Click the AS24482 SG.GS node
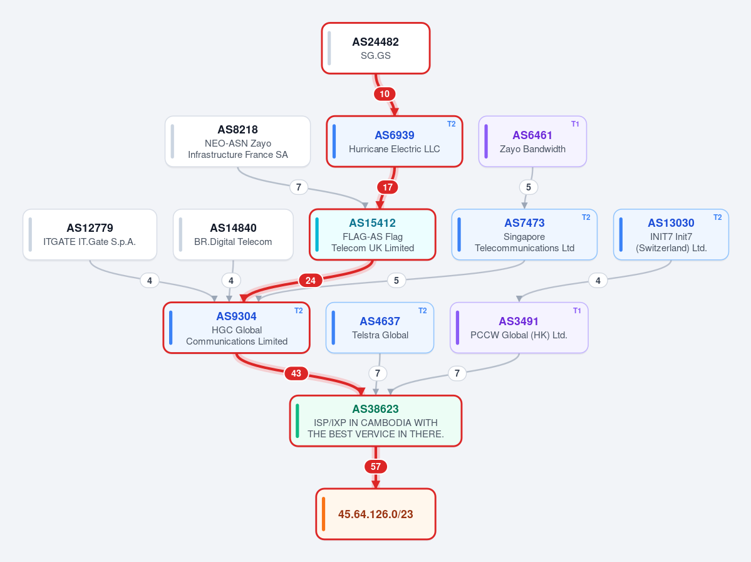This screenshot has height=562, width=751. pyautogui.click(x=376, y=48)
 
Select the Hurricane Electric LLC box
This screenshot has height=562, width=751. pyautogui.click(x=395, y=142)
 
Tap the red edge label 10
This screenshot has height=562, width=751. pyautogui.click(x=385, y=94)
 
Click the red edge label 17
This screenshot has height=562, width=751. pyautogui.click(x=388, y=187)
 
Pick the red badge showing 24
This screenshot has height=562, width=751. pyautogui.click(x=311, y=280)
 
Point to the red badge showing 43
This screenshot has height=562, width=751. pyautogui.click(x=296, y=373)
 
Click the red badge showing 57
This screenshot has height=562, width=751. pyautogui.click(x=376, y=466)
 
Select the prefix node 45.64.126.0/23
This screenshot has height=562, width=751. pyautogui.click(x=376, y=514)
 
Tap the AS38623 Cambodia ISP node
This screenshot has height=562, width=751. pyautogui.click(x=376, y=421)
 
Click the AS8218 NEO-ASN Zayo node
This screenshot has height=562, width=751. pyautogui.click(x=237, y=142)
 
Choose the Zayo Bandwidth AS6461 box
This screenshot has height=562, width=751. pyautogui.click(x=532, y=142)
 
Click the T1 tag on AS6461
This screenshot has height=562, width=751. pyautogui.click(x=575, y=124)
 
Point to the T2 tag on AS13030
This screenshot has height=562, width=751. pyautogui.click(x=717, y=217)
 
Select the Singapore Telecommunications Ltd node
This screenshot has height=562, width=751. pyautogui.click(x=524, y=235)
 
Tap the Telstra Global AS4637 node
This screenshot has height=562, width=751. pyautogui.click(x=380, y=328)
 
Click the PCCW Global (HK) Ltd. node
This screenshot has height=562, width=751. pyautogui.click(x=519, y=328)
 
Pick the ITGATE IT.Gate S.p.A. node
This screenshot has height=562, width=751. pyautogui.click(x=90, y=235)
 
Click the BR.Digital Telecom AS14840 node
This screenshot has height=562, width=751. pyautogui.click(x=233, y=235)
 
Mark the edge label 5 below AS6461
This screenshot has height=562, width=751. pyautogui.click(x=528, y=187)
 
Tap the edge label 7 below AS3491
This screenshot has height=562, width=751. pyautogui.click(x=457, y=373)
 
